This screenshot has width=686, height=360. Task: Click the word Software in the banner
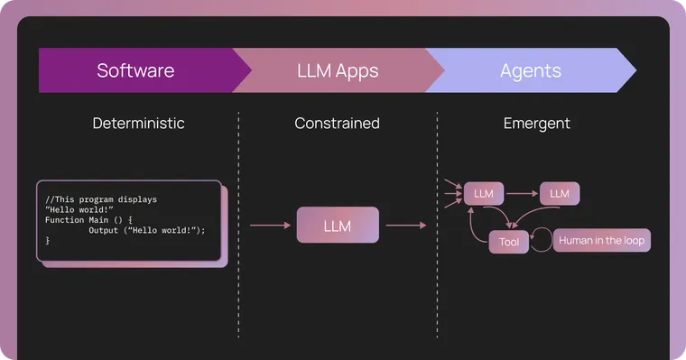pyautogui.click(x=135, y=70)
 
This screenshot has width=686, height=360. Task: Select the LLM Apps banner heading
pyautogui.click(x=338, y=70)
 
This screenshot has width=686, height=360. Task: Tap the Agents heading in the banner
pyautogui.click(x=531, y=70)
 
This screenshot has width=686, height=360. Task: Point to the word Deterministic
pyautogui.click(x=138, y=124)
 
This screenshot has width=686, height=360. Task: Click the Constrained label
pyautogui.click(x=337, y=124)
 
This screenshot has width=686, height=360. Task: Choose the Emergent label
pyautogui.click(x=536, y=124)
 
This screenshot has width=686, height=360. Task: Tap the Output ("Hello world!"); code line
pyautogui.click(x=146, y=231)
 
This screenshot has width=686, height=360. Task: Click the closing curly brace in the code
pyautogui.click(x=48, y=241)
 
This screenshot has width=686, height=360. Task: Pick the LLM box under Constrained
pyautogui.click(x=338, y=226)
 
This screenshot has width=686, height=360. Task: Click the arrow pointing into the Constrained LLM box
pyautogui.click(x=270, y=226)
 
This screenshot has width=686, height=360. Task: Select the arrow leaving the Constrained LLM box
pyautogui.click(x=405, y=226)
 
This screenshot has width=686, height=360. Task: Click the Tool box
pyautogui.click(x=509, y=242)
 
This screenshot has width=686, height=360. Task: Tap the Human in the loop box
pyautogui.click(x=601, y=241)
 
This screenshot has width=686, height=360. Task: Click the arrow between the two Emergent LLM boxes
pyautogui.click(x=521, y=193)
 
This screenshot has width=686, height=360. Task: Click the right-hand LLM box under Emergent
pyautogui.click(x=560, y=193)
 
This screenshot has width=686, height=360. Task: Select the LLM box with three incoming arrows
pyautogui.click(x=484, y=193)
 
